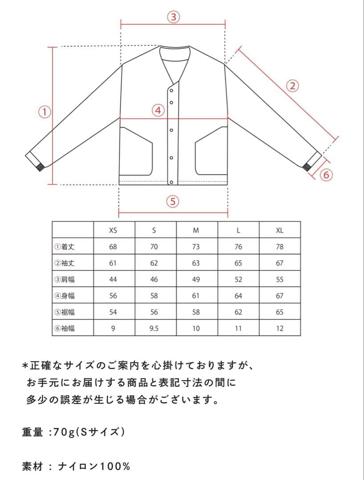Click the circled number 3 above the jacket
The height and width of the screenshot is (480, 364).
173,17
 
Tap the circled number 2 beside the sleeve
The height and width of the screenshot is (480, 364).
292,86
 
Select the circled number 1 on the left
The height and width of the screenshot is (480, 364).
44,111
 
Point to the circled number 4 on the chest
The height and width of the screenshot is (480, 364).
158,110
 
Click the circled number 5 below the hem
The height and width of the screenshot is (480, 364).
173,201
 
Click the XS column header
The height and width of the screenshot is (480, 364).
113,230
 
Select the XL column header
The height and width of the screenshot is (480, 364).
279,230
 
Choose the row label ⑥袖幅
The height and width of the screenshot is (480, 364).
65,328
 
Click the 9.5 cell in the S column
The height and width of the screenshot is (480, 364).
154,328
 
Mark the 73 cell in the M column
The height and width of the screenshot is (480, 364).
196,247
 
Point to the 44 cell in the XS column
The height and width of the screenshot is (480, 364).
113,280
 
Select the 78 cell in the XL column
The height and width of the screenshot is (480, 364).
279,247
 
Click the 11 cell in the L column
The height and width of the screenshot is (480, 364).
238,328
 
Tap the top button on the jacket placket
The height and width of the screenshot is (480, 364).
171,91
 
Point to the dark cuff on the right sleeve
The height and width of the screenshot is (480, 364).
307,168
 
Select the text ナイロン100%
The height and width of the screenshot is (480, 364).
95,467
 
